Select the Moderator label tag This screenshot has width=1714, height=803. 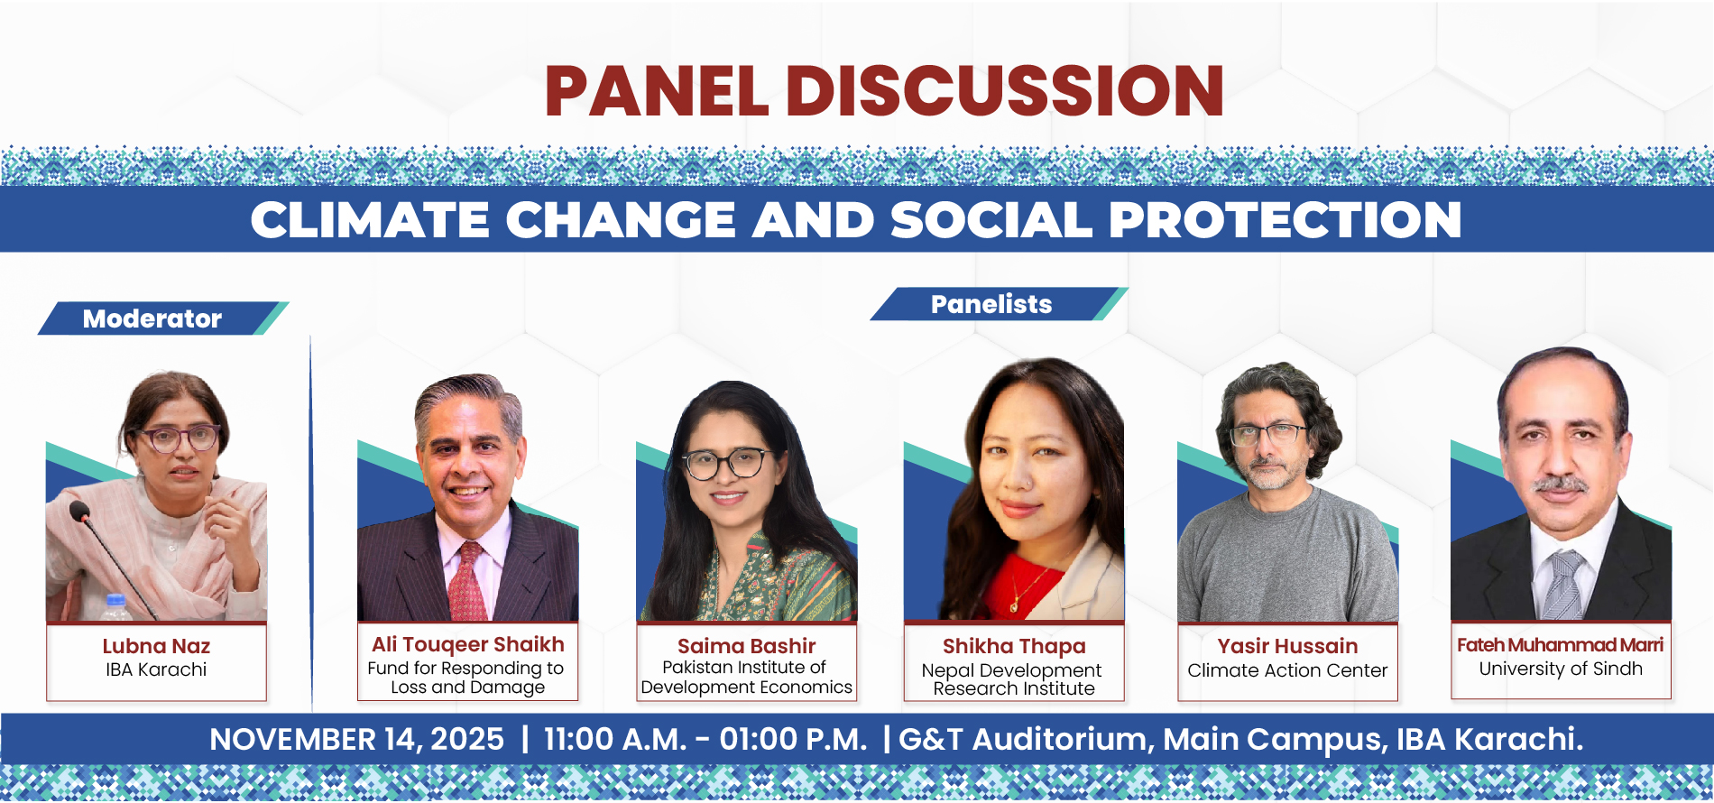coord(163,318)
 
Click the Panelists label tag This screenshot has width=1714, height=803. coord(999,304)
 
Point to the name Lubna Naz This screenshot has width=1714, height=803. coord(156,646)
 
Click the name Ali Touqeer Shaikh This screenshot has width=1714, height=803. coord(467,644)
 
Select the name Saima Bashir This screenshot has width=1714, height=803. coord(746,646)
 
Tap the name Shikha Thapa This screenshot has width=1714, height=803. coord(1014,646)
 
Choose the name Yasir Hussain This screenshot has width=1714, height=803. coord(1287,646)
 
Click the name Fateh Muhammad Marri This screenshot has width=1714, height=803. coord(1560,645)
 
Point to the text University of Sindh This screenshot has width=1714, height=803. coord(1561,669)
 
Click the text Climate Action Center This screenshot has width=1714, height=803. coord(1287,670)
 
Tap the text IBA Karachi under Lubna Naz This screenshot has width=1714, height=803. coord(156,669)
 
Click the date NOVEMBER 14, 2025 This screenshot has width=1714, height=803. coord(356,739)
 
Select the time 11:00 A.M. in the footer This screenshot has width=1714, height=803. coord(615,739)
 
